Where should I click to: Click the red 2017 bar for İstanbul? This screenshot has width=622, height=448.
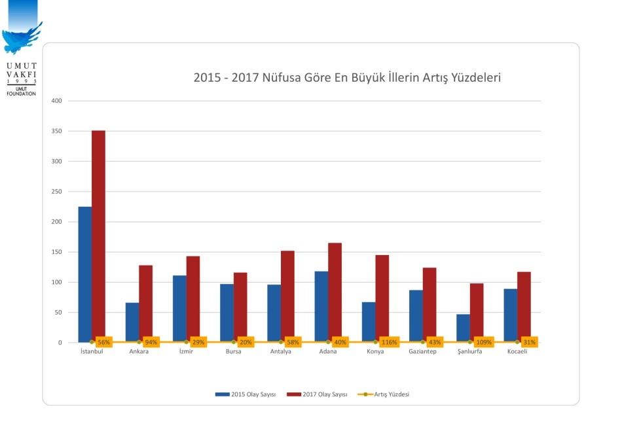point(98,235)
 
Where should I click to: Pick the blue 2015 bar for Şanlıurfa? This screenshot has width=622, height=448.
point(463,328)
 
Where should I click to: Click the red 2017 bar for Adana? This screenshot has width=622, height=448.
point(335,292)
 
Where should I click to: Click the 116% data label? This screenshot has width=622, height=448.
point(389,342)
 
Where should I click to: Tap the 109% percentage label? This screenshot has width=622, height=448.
point(483,342)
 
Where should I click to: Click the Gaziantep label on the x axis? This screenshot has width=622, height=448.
point(422,352)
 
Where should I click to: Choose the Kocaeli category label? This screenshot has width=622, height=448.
point(517,352)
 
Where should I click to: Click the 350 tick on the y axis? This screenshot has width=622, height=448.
point(56,131)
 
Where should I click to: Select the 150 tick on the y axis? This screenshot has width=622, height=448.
point(56,252)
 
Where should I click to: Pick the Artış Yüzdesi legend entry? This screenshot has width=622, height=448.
point(391,394)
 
